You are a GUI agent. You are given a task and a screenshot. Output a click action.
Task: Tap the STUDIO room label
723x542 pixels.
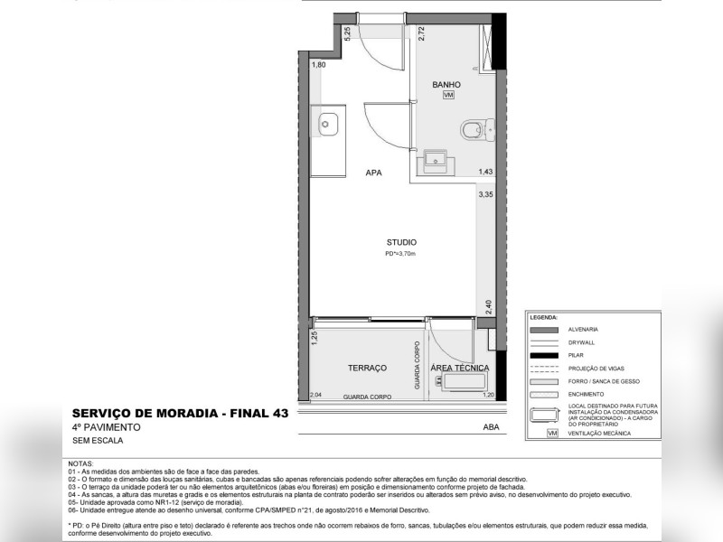coord(401,242)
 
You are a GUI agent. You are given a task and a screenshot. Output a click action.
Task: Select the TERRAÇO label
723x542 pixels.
coord(367,368)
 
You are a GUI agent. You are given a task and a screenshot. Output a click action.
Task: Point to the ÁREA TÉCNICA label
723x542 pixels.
coord(460,368)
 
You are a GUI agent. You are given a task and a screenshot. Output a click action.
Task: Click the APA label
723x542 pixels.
coord(371,172)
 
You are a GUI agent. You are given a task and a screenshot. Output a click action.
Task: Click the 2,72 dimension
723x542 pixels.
coord(421,34)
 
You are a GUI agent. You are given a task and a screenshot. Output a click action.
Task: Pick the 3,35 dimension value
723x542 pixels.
coord(485,194)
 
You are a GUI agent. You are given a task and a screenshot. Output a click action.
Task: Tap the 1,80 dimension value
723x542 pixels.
coord(318,65)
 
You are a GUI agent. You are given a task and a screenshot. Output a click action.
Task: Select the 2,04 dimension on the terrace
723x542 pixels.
coord(315,395)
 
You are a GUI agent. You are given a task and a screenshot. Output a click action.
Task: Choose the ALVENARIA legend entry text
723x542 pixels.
coord(583,330)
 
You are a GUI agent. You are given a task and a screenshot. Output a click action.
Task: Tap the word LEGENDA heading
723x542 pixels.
coord(544,318)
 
